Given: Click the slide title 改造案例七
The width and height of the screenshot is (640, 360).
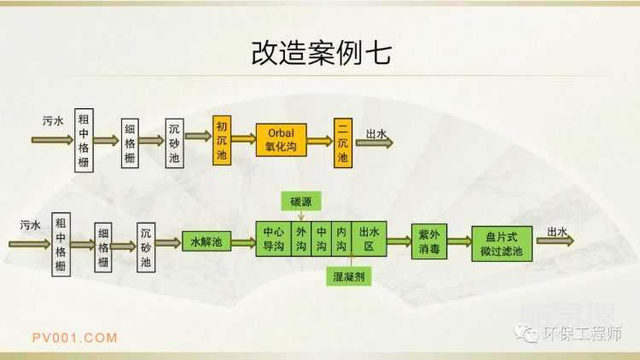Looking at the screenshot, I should tap(321, 52).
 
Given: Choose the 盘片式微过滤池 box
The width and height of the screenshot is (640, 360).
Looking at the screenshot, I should tap(502, 243).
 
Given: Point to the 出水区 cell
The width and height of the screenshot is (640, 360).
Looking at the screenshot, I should tap(368, 241).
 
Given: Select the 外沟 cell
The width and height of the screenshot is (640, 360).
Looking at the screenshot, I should tap(301, 241).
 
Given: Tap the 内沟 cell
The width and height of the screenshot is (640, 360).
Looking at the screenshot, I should tap(340, 241).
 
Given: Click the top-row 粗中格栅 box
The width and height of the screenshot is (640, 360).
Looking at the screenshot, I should tap(83, 140).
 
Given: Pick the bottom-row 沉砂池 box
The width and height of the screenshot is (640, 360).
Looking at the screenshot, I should tap(147, 247).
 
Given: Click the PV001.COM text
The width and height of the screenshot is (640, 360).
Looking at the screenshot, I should tap(75, 337).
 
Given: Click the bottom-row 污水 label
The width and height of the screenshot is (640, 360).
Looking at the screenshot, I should tap(30, 225).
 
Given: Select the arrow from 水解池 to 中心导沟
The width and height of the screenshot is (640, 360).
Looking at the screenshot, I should tap(242, 243).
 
